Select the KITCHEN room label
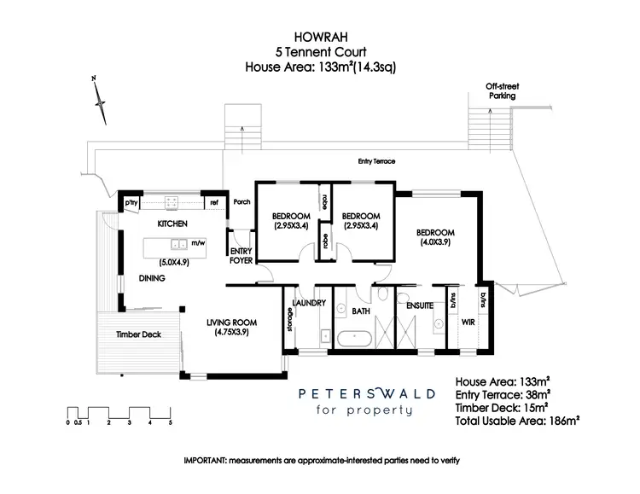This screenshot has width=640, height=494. point(172,224)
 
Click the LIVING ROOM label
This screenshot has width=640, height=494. point(231,322)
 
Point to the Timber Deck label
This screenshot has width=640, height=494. point(138,334)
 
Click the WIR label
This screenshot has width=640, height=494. point(468,323)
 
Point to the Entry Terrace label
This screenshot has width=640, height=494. point(377,160)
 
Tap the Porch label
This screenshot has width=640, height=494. point(241,202)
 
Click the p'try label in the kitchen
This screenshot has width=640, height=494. point(132,203)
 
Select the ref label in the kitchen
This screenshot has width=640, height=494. point(214,203)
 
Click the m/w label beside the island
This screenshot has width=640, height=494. point(198,243)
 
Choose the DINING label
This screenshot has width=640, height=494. point(152,278)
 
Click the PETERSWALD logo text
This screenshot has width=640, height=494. point(368,393)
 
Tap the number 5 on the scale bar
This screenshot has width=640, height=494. point(170,422)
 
